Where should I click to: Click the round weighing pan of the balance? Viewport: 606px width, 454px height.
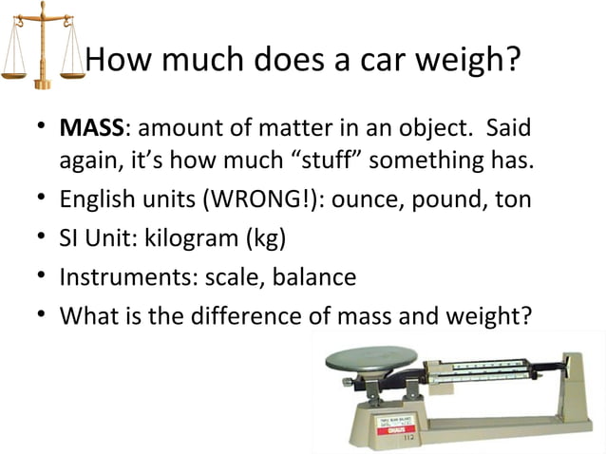(x=370, y=359)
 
